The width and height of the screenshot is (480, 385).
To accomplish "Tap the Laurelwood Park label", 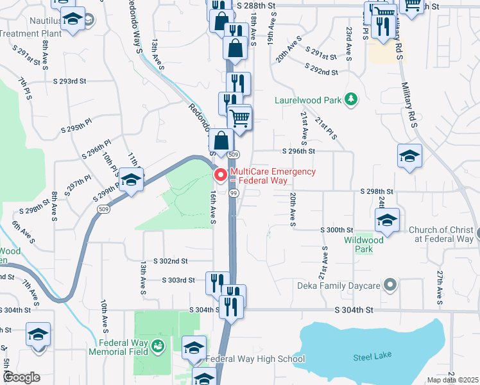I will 308,100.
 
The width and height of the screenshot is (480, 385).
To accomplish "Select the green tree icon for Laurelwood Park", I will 350,99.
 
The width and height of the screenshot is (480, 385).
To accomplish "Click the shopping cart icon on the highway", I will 239,119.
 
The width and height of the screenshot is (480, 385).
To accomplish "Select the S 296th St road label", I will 299,151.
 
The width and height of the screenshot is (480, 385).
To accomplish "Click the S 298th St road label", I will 376,192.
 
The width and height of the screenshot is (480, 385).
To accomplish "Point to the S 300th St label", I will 337,230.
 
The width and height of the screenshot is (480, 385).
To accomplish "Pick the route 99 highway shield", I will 234,193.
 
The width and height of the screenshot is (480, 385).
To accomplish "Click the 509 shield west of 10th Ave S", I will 102,209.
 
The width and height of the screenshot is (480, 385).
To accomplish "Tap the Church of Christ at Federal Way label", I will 440,234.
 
